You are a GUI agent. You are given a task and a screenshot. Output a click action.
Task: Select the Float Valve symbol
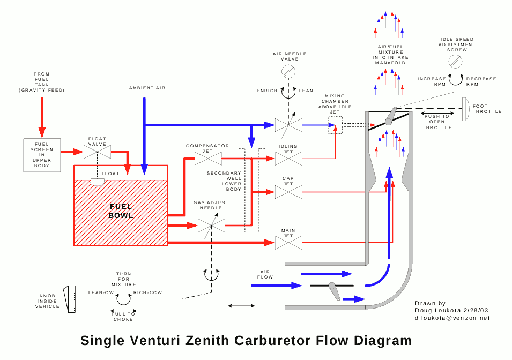click(x=98, y=152)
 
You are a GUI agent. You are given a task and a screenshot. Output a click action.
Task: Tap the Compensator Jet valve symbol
click(x=207, y=159)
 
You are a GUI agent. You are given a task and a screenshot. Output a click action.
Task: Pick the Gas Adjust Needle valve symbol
click(x=211, y=226)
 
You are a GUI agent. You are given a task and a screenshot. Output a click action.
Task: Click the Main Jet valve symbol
click(x=288, y=243)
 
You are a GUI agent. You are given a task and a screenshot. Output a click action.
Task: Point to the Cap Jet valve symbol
click(x=288, y=192)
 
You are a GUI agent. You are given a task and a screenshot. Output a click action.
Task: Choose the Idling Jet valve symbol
click(x=288, y=159)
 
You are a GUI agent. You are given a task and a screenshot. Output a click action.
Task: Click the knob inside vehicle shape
click(x=70, y=299)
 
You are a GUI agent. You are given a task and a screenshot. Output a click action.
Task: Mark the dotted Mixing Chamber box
click(x=335, y=125)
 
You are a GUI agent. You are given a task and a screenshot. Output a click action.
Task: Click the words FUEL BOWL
click(x=121, y=211)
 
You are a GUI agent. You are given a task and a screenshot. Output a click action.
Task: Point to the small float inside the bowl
click(x=98, y=182)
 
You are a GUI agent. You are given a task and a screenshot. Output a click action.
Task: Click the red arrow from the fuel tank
click(x=42, y=116)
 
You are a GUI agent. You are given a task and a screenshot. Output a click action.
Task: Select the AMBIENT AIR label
click(x=144, y=87)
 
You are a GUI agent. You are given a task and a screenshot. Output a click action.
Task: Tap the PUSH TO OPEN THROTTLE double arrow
click(x=436, y=114)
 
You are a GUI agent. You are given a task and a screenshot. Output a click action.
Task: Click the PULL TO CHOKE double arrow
click(x=123, y=310)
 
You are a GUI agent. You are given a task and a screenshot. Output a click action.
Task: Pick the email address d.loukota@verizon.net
click(x=452, y=318)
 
